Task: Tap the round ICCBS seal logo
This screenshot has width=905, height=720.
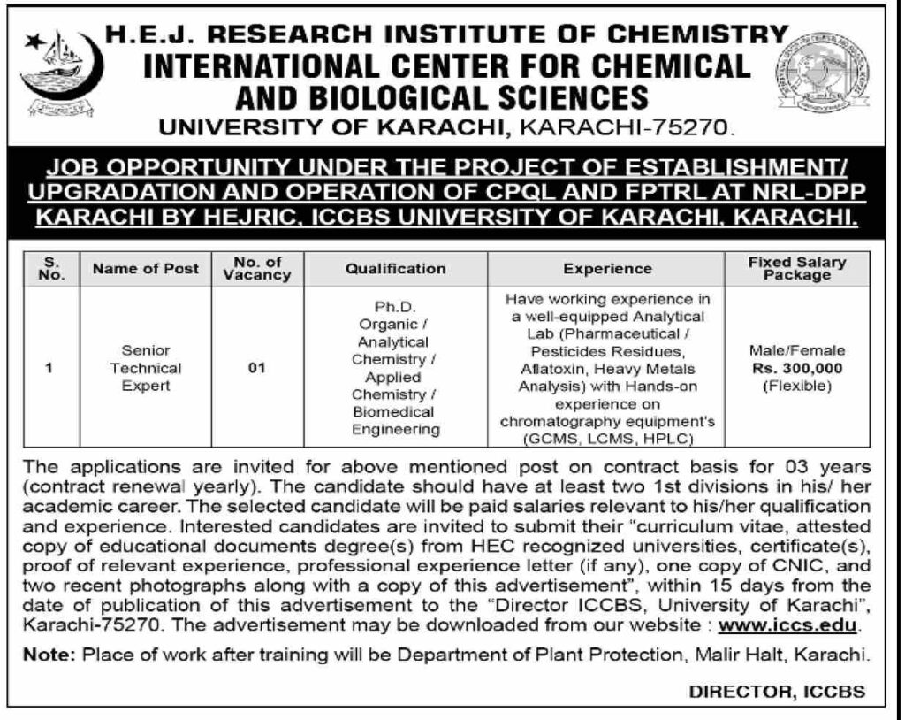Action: [822, 75]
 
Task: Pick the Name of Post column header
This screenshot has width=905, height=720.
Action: [146, 268]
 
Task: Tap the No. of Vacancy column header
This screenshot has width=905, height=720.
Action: [257, 268]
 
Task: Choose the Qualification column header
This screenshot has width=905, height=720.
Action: [396, 268]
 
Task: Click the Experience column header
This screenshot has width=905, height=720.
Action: [607, 268]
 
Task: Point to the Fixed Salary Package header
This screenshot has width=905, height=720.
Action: [797, 268]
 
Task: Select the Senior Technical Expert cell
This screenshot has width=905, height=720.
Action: [146, 368]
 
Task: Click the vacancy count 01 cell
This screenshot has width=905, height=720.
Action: [257, 369]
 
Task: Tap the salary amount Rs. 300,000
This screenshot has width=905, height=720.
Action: [797, 368]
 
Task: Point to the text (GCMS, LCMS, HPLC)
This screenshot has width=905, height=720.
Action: [607, 439]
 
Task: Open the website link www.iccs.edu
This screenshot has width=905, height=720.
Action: [787, 624]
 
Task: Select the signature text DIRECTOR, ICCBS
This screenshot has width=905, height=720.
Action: [777, 692]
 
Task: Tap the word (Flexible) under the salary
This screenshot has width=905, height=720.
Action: [797, 386]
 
